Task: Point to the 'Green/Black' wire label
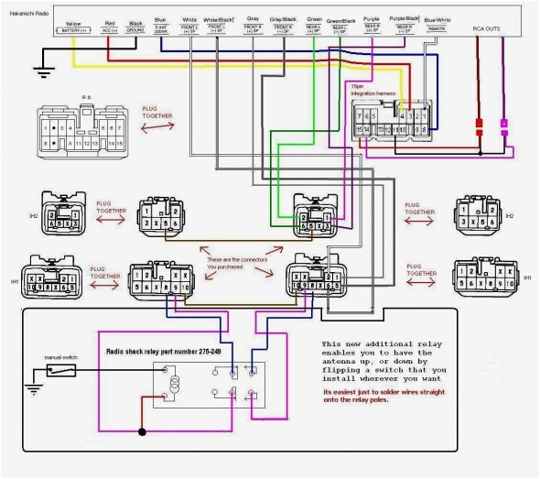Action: (341, 19)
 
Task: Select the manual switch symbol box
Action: (62, 371)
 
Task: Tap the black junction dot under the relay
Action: (141, 430)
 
